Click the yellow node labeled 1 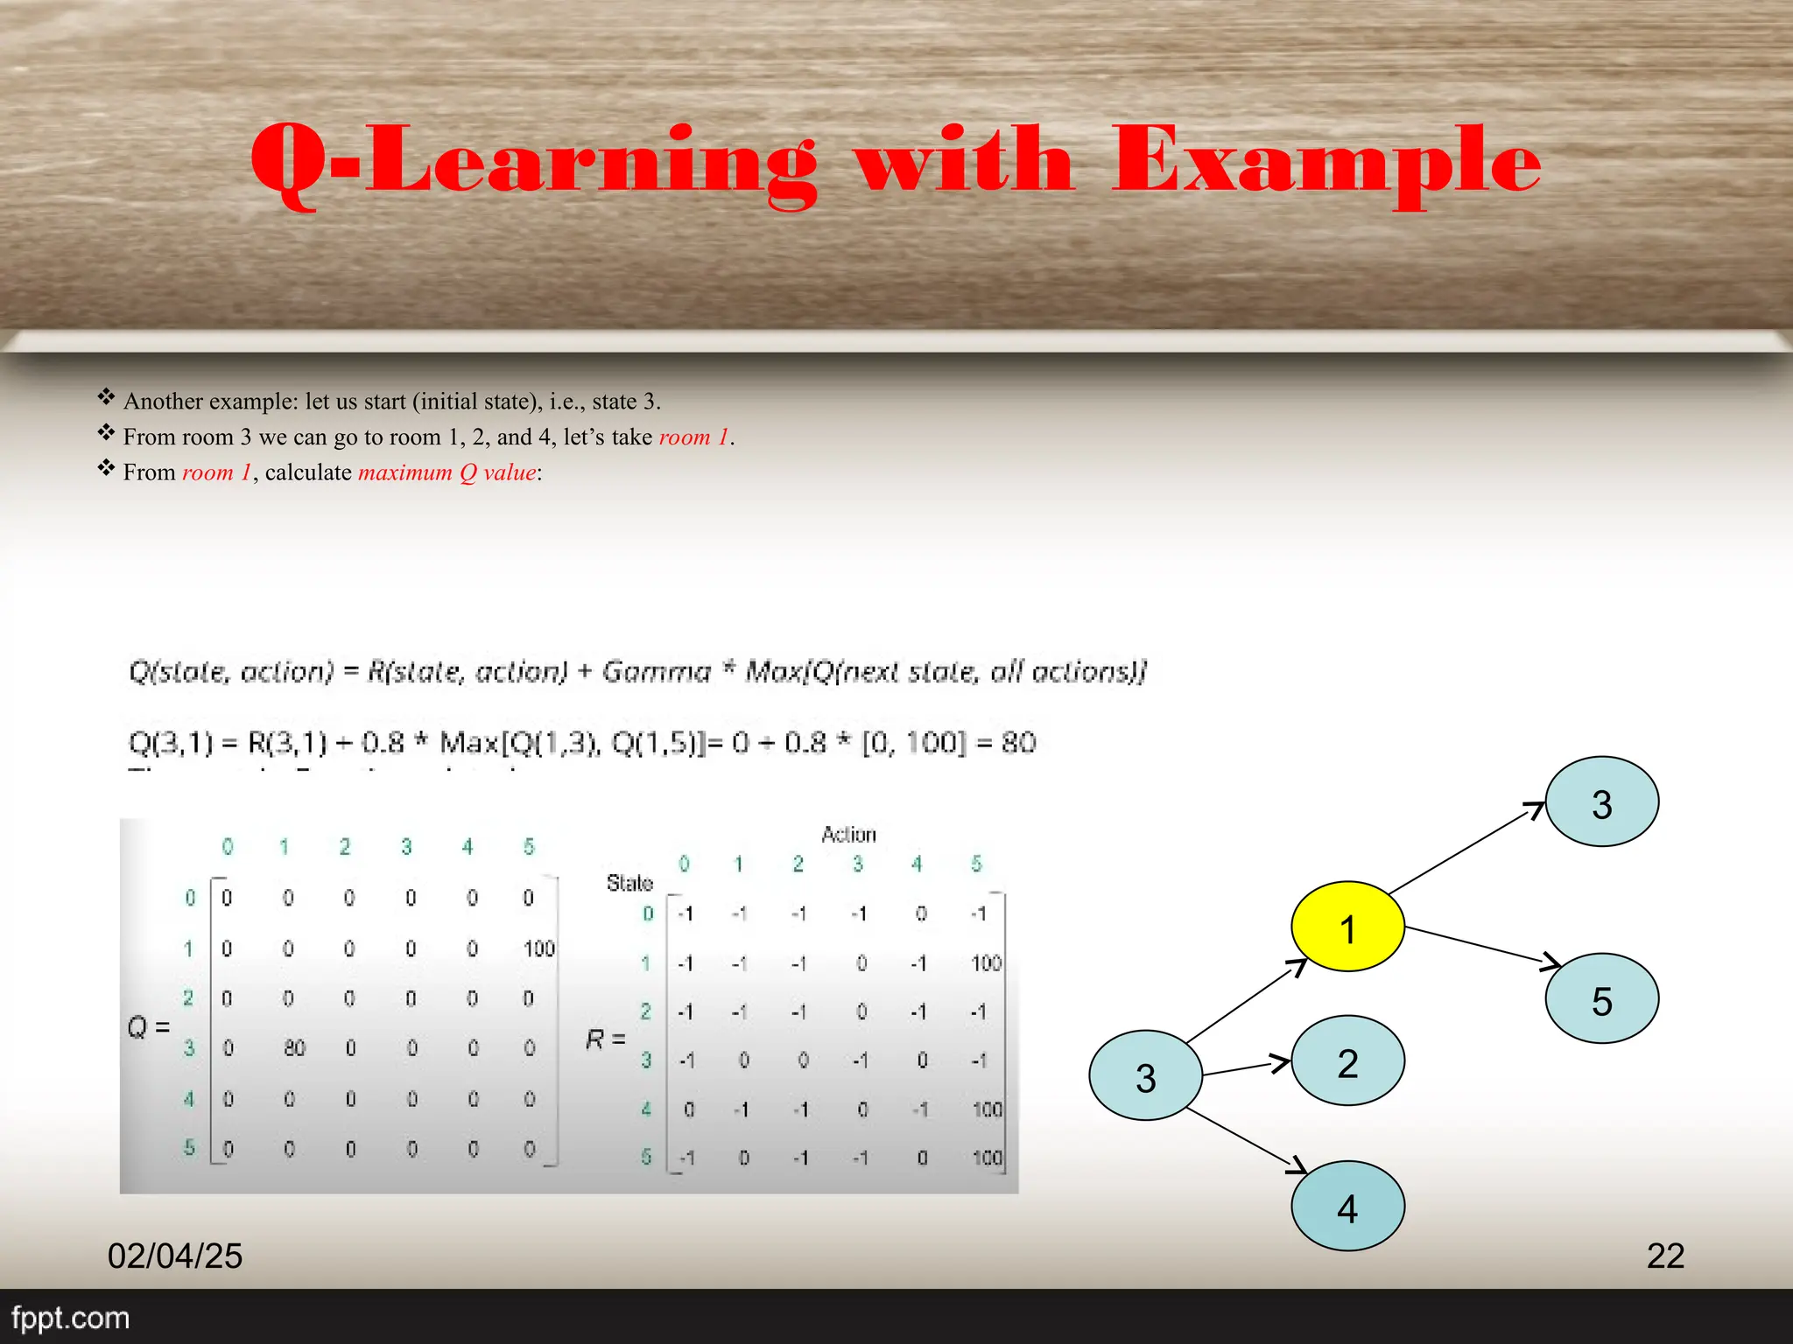(x=1347, y=926)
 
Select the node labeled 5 (x=1601, y=998)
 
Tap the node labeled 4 (x=1347, y=1207)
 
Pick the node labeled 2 (x=1347, y=1060)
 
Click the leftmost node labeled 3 (x=1145, y=1075)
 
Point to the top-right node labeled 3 (x=1601, y=801)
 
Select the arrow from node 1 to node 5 (x=1480, y=946)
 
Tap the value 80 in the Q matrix (x=294, y=1047)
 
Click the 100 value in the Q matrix (x=539, y=948)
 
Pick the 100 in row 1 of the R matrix (x=986, y=963)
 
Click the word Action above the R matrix (x=848, y=834)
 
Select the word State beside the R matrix (x=629, y=883)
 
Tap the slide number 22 (x=1665, y=1256)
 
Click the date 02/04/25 (x=175, y=1256)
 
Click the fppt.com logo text (x=70, y=1318)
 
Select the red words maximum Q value (x=447, y=472)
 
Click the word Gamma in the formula (x=657, y=671)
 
